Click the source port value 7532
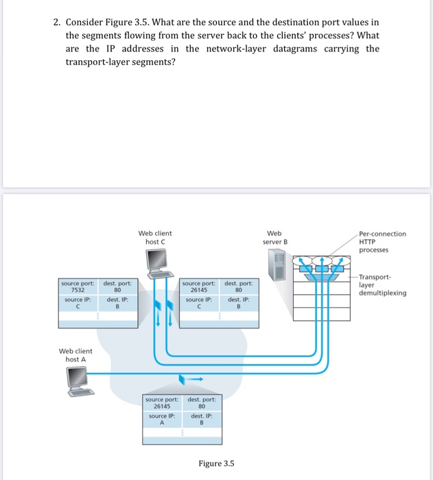click(x=78, y=289)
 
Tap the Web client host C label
click(x=155, y=237)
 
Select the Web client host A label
click(x=75, y=355)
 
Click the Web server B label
click(x=276, y=237)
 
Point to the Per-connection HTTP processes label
click(x=382, y=241)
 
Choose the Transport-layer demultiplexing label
click(x=382, y=285)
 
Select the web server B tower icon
click(x=277, y=263)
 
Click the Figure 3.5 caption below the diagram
click(x=216, y=464)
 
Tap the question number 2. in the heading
click(x=58, y=23)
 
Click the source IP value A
click(x=162, y=423)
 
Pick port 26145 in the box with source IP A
click(x=162, y=406)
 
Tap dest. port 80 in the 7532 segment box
click(x=118, y=289)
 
